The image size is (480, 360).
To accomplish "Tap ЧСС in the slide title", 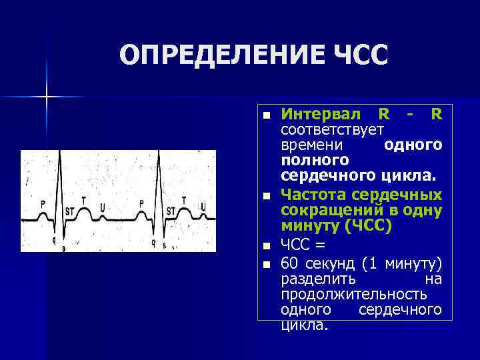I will pos(355,55).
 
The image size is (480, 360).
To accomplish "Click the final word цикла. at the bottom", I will pos(304,325).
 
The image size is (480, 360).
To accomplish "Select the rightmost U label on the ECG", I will pos(203,204).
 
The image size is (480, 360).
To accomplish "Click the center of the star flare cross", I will pos(47,97).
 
